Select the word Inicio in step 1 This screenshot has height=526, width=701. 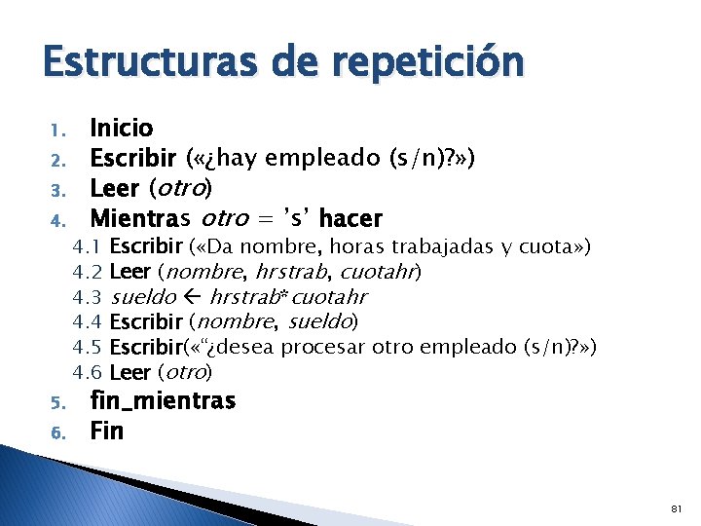coord(122,128)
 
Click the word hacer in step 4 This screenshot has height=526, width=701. coord(350,217)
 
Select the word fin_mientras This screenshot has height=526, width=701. coord(163,400)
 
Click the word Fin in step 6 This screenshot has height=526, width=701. coord(107,430)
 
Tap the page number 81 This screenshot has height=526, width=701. coord(678,508)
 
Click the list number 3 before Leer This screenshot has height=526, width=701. coord(56,188)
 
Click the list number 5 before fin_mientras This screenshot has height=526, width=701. coord(56,402)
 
